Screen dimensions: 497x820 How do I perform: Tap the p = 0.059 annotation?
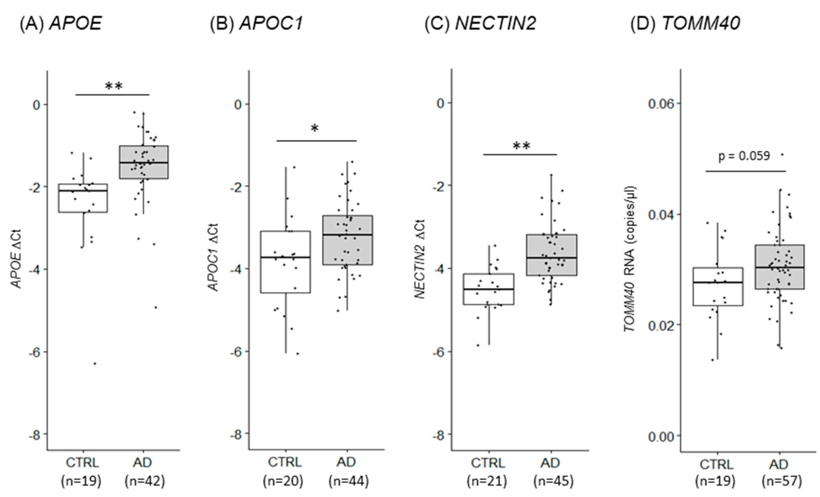744,156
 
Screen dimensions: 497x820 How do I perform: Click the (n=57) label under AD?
782,481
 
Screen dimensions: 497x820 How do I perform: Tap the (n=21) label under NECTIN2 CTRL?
487,481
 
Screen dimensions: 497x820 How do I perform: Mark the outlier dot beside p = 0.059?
782,154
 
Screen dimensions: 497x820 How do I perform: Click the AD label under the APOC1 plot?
346,462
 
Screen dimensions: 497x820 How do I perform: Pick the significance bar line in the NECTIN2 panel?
520,154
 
